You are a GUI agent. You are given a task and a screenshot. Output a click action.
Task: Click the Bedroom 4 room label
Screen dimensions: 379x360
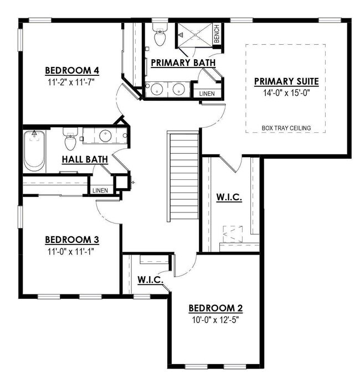pos(72,70)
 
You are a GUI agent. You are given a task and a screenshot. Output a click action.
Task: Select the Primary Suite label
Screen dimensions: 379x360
pos(286,82)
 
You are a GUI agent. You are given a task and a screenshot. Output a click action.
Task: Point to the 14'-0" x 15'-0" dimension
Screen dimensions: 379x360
pos(286,92)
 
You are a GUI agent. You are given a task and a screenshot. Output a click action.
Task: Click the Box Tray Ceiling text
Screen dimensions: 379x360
pos(286,128)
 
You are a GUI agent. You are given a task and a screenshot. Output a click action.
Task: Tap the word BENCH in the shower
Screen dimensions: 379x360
pos(217,34)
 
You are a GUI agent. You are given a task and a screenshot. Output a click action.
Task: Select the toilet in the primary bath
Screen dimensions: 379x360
pos(160,37)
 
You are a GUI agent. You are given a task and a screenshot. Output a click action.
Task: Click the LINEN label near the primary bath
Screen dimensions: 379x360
pos(208,94)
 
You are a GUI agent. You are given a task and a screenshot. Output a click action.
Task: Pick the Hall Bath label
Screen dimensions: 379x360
pos(85,159)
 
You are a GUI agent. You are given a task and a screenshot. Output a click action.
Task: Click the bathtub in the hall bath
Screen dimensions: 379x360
pos(34,150)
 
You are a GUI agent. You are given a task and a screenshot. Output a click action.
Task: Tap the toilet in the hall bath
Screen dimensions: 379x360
pos(70,141)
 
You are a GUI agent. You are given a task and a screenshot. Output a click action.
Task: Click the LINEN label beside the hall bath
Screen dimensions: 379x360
pos(100,190)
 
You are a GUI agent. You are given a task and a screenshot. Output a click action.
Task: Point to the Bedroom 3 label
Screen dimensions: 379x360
pos(72,240)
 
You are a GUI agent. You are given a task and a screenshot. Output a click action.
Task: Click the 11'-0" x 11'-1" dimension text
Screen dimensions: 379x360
pos(72,250)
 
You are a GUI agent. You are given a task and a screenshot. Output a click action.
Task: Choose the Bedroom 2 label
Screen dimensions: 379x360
pos(216,308)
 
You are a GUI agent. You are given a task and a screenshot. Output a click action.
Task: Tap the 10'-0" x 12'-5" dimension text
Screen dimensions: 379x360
pos(216,319)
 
